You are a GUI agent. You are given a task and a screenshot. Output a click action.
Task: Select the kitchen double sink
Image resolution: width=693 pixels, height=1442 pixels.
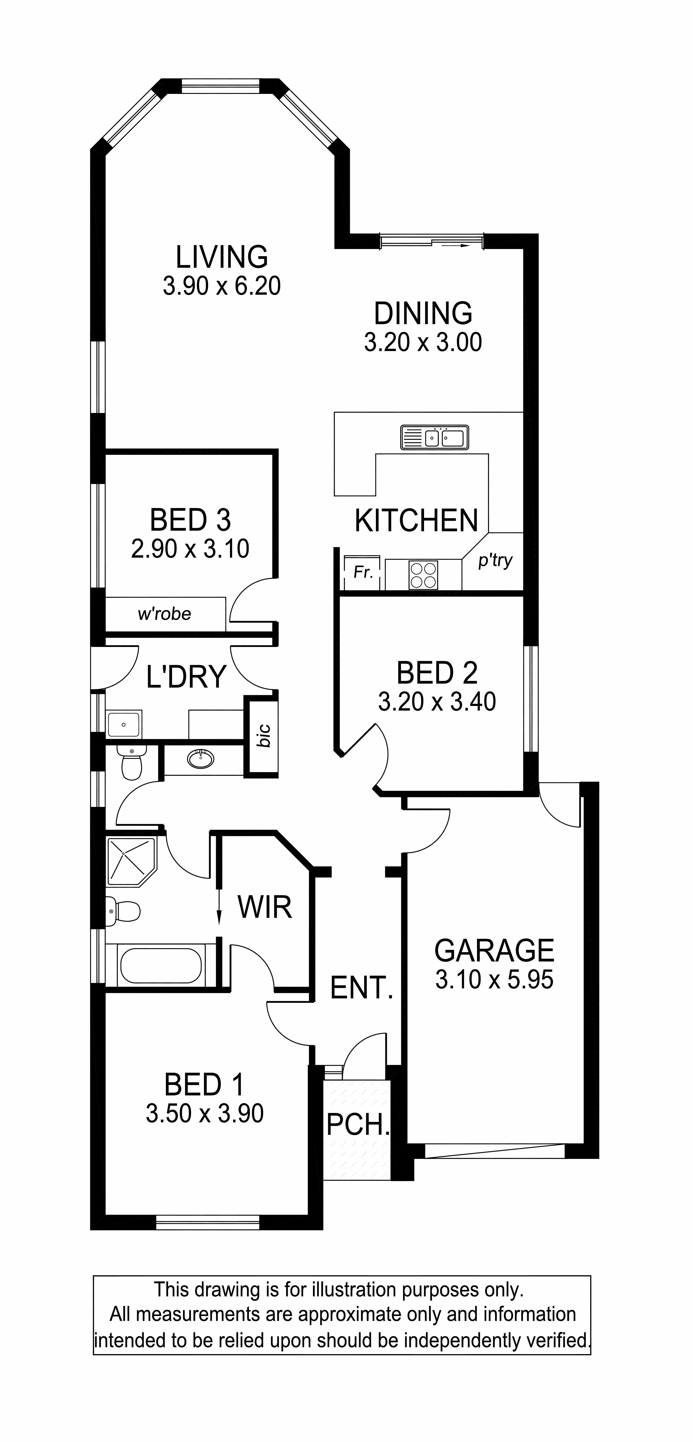pyautogui.click(x=434, y=437)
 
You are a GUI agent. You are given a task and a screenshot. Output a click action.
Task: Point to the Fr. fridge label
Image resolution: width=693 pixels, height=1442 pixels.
pyautogui.click(x=363, y=572)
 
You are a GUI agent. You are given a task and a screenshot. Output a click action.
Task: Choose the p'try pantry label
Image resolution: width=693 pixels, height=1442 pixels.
pyautogui.click(x=495, y=560)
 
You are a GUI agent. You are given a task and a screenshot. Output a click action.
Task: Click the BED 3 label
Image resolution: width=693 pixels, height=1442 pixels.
pyautogui.click(x=190, y=520)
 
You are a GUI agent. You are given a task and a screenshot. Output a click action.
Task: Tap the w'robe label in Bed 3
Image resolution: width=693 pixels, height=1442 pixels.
pyautogui.click(x=164, y=614)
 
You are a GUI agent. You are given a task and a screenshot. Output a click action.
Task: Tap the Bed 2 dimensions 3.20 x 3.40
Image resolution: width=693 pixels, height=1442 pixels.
pyautogui.click(x=437, y=701)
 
